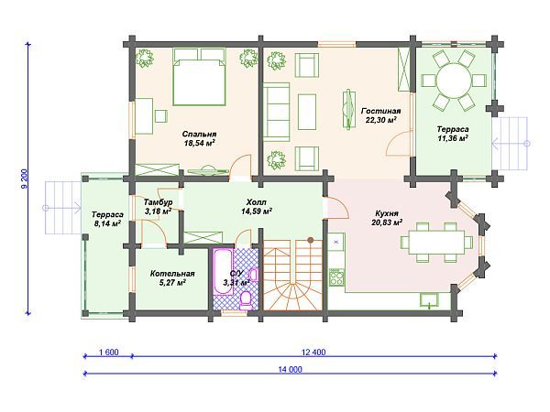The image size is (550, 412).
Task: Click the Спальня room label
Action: pos(199,138)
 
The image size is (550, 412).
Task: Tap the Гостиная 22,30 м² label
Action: pos(380,115)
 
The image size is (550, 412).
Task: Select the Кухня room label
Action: pos(387,218)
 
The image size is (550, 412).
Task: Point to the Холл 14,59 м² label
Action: pos(257,207)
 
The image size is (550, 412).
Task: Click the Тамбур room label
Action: pos(158,207)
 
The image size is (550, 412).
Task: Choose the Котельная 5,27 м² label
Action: pos(172,278)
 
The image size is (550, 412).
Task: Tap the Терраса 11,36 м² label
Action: pos(453,134)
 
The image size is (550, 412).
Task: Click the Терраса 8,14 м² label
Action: pos(107,218)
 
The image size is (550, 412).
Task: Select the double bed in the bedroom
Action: pos(199,77)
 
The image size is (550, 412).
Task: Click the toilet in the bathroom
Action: pos(245,299)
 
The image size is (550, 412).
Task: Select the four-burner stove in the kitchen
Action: pos(337,277)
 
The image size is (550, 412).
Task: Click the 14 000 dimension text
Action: pos(291,369)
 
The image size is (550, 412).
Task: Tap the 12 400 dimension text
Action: pos(313,352)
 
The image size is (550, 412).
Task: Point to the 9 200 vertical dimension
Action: pos(24,179)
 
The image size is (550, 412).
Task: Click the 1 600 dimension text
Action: pos(108,352)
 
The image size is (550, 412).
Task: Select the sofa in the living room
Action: pos(277,112)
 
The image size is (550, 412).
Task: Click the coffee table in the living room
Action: pos(307,112)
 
